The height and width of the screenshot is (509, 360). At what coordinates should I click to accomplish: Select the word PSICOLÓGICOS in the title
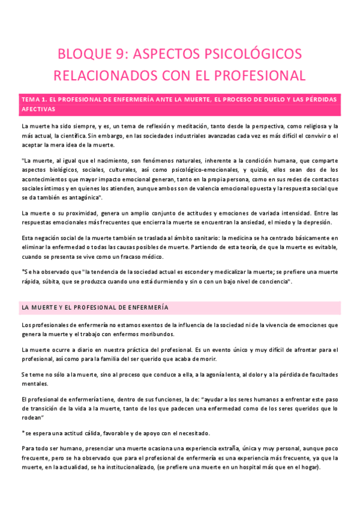click(x=257, y=55)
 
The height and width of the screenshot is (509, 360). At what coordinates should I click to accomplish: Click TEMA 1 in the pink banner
click(x=34, y=98)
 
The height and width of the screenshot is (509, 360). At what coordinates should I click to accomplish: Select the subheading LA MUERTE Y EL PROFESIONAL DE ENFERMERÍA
click(x=95, y=307)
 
